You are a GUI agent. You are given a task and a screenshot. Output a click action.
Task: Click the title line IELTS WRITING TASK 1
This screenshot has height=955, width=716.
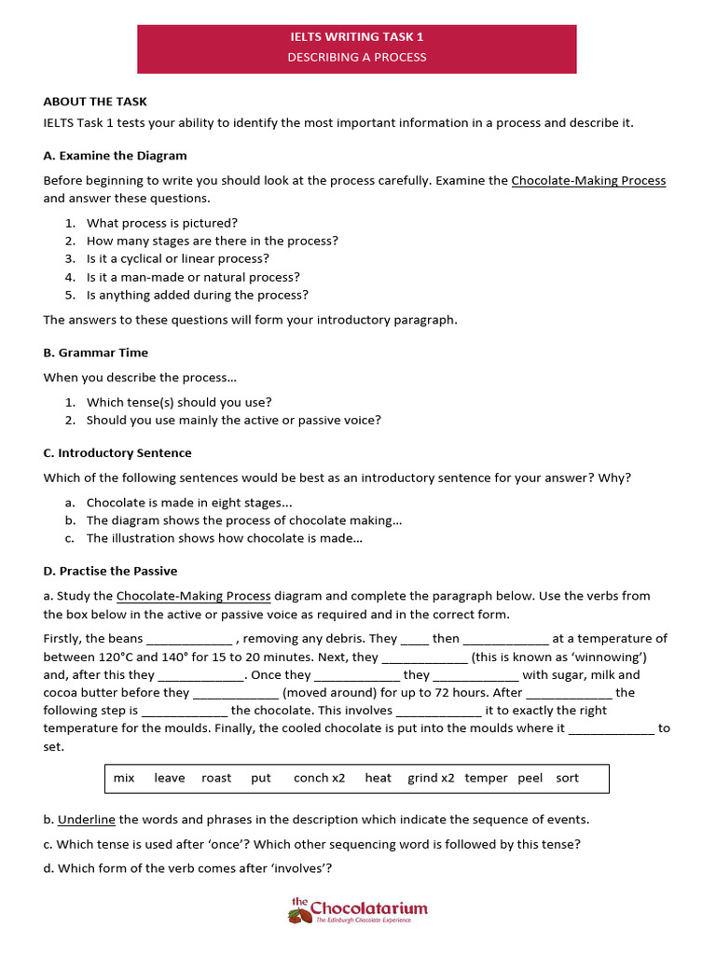point(357,37)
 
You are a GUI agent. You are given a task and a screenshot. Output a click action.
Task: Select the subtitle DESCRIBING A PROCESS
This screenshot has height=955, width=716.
point(357,57)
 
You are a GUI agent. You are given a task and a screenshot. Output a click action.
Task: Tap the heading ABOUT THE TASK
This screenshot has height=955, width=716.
point(95,102)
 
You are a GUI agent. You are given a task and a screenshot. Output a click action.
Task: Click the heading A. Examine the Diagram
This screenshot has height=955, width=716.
point(115,156)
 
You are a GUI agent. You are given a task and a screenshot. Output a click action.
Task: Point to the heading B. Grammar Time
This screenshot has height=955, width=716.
point(95,353)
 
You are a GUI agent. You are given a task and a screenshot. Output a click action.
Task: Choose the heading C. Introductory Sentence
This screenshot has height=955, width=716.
point(117,452)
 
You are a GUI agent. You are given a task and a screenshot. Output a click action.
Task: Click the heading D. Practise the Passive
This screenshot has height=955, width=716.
point(110,571)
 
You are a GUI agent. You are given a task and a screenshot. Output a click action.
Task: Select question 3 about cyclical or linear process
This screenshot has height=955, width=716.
point(177,258)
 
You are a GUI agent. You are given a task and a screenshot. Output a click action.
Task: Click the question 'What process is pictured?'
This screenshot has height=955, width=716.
point(162,223)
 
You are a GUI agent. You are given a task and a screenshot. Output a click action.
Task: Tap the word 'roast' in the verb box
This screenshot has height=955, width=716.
point(216,778)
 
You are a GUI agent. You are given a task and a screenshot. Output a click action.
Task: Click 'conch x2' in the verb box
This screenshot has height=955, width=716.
point(319,778)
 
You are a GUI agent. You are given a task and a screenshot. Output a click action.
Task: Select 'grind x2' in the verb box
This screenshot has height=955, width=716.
point(431,778)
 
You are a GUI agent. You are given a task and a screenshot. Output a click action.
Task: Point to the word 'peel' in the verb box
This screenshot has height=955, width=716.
point(530,778)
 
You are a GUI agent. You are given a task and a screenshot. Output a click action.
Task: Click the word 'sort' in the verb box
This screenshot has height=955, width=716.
point(567,778)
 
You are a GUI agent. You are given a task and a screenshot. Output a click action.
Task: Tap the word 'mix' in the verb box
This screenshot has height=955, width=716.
point(124,778)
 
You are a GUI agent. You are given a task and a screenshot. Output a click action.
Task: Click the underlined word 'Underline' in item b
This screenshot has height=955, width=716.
point(87,820)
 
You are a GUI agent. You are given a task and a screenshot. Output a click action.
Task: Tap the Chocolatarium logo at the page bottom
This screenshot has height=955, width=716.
point(358,909)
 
